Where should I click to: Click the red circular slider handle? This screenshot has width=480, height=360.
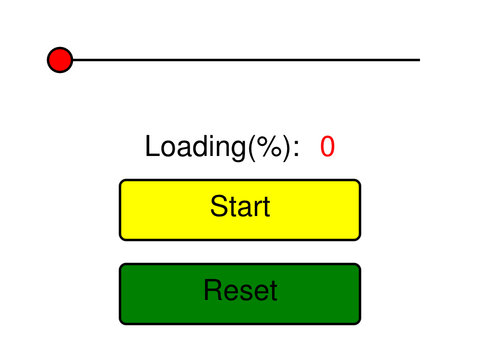60,60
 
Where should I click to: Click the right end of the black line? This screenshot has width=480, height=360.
418,60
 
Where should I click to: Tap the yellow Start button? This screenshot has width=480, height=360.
240,210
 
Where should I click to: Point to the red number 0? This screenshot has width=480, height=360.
327,147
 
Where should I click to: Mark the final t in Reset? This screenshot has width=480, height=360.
273,291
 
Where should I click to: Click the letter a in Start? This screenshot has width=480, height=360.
245,209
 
